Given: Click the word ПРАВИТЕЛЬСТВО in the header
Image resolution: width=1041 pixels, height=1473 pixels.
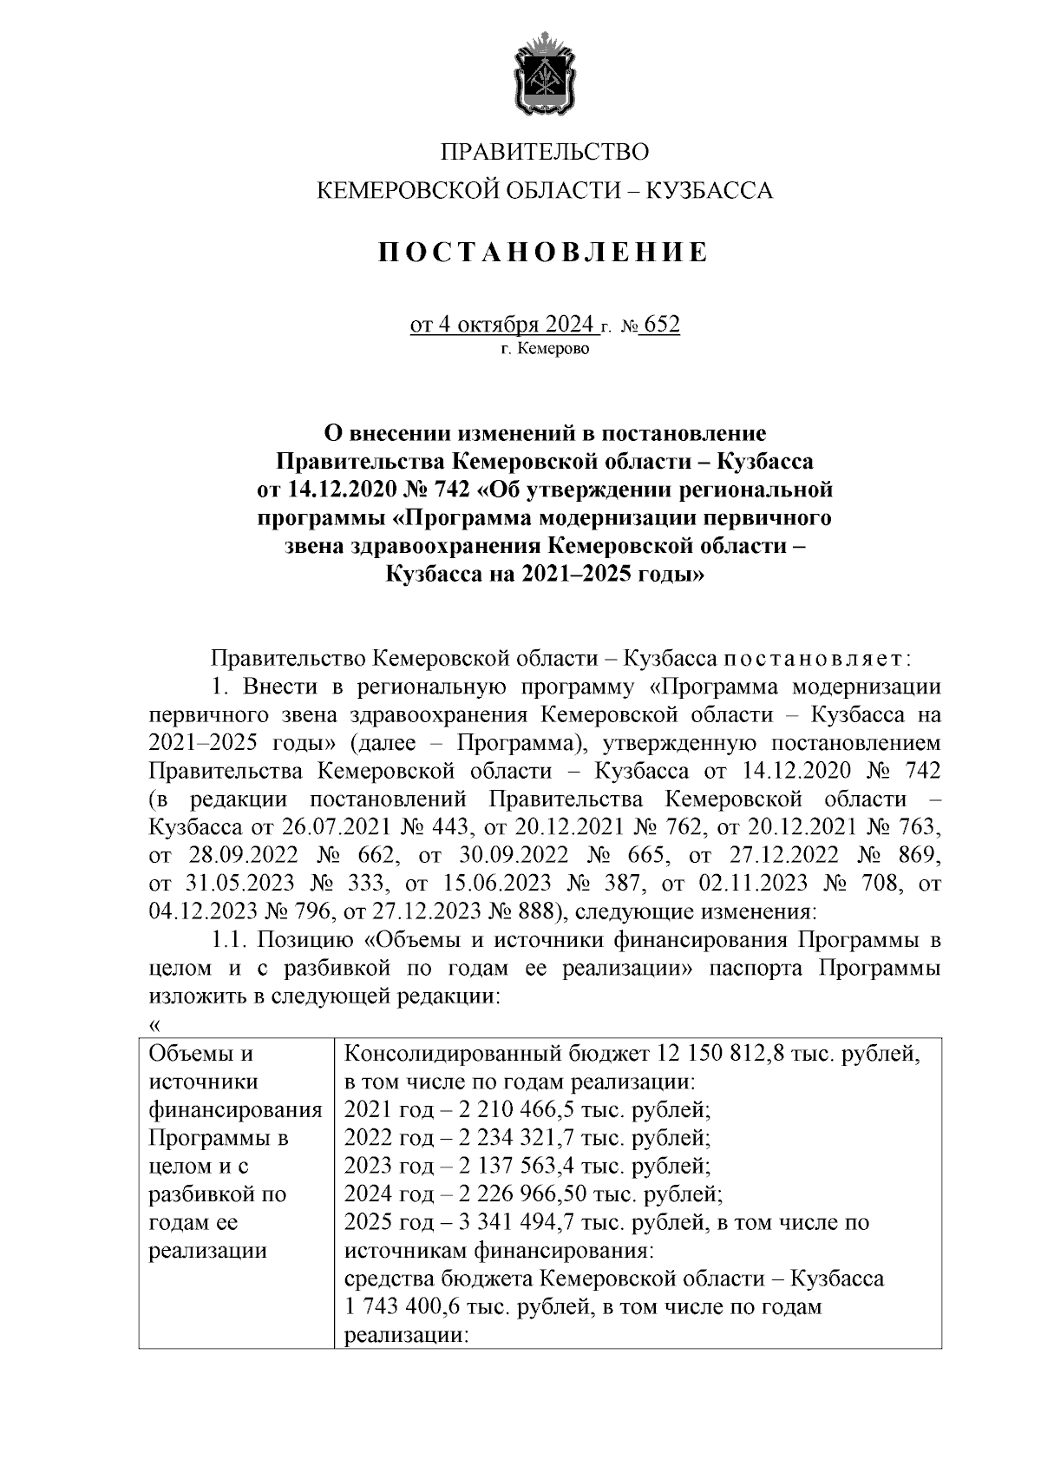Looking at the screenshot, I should coord(545,153).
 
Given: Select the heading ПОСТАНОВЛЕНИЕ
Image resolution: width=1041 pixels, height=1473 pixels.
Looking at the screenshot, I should coord(544,253).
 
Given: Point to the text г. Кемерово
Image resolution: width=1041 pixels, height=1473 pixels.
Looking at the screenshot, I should coord(545,350).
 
